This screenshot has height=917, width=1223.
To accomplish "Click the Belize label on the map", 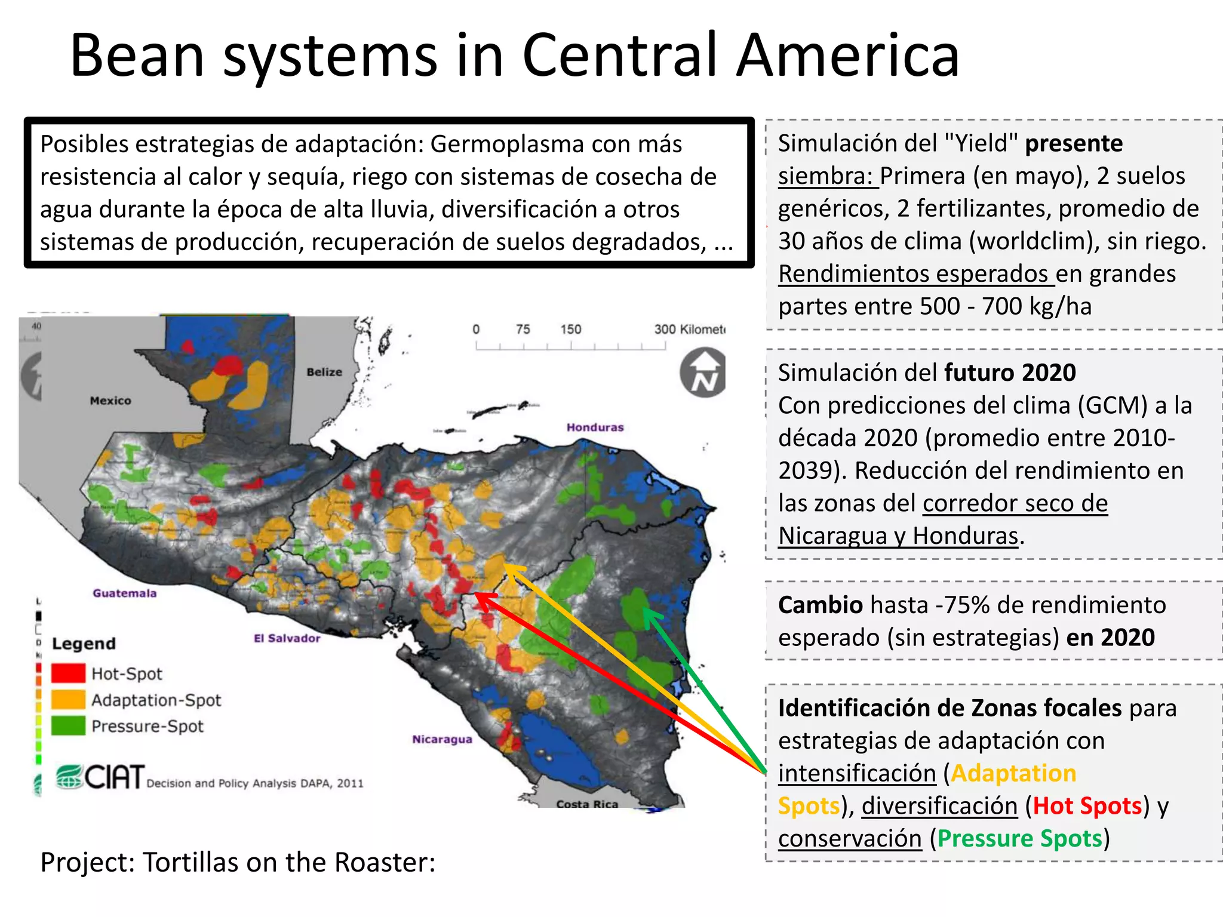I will [324, 372].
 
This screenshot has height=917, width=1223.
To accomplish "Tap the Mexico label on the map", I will [110, 401].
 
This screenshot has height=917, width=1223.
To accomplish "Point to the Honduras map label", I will [595, 427].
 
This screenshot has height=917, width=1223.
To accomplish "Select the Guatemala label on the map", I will [124, 593].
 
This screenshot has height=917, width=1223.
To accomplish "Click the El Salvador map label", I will [287, 638].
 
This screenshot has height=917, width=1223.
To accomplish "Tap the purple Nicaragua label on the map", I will [442, 739].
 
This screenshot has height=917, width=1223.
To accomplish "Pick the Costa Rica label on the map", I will [587, 804].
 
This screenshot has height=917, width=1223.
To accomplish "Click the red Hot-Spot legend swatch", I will [68, 673].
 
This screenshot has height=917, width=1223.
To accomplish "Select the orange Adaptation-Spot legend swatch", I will [68, 699].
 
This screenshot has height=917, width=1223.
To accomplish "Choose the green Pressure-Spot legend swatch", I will [68, 725].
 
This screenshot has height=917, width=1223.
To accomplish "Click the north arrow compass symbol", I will [703, 374].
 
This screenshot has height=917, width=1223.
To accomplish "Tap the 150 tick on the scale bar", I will [570, 330].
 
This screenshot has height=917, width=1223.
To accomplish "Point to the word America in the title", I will [847, 55].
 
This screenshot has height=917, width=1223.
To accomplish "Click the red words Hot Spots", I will [1087, 806].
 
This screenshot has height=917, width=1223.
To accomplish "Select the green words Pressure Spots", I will [1019, 838].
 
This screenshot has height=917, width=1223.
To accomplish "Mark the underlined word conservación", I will [850, 838].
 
